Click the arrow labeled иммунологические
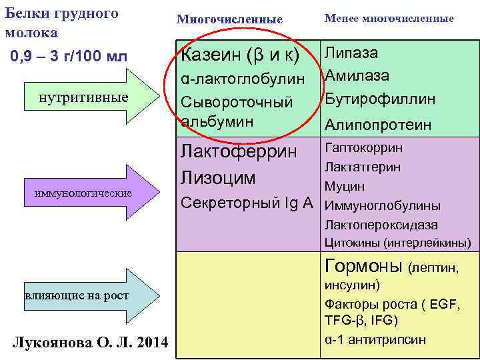(87, 193)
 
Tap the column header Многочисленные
(229, 19)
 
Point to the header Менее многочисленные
(389, 19)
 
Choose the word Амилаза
(357, 76)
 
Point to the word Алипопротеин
(377, 125)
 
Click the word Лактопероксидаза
(381, 225)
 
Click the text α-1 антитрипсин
(375, 339)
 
